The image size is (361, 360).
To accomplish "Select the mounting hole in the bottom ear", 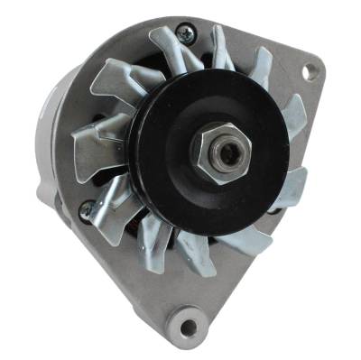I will (188, 318).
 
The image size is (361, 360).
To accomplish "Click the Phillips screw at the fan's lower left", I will (87, 213).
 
